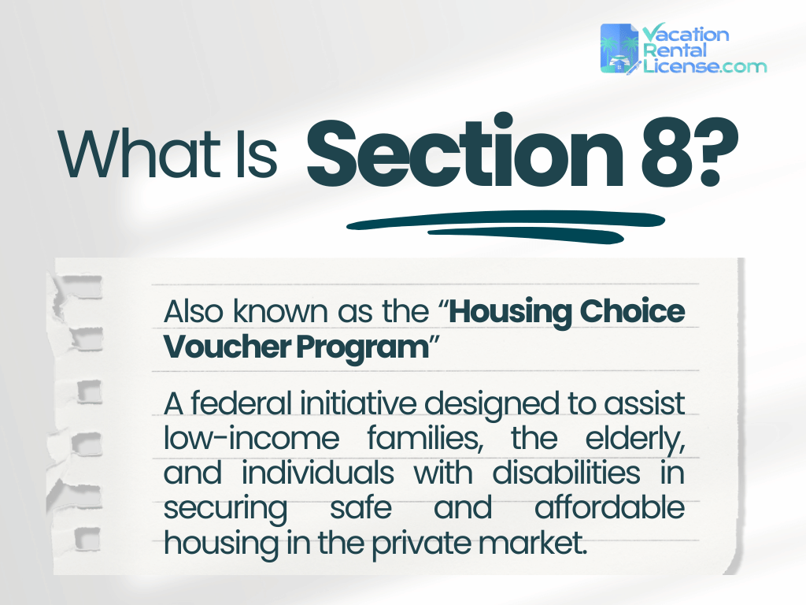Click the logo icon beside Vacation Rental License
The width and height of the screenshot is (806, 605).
(x=620, y=49)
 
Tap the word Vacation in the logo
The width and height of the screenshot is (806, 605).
(x=686, y=34)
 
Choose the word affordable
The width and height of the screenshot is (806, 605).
(x=610, y=508)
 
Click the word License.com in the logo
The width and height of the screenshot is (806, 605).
(x=704, y=66)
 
